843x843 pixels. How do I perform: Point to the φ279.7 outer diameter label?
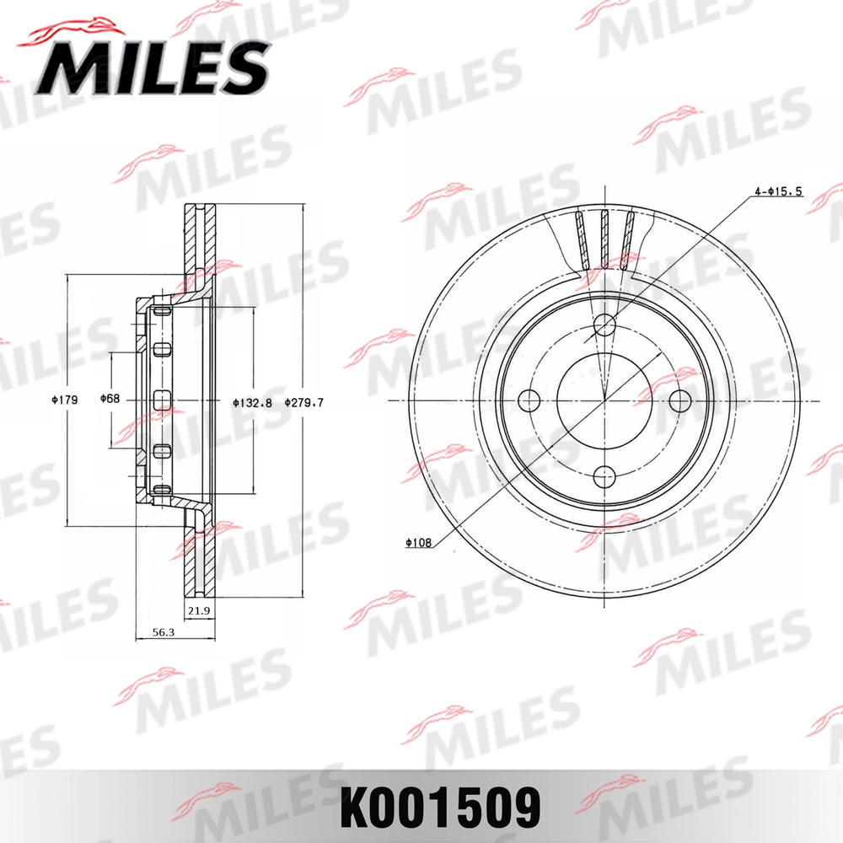pyautogui.click(x=304, y=402)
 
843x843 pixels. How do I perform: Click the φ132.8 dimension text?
pyautogui.click(x=252, y=402)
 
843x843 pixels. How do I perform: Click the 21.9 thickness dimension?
pyautogui.click(x=200, y=609)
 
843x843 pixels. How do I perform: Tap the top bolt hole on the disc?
pyautogui.click(x=604, y=325)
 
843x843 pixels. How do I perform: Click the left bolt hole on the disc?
pyautogui.click(x=529, y=401)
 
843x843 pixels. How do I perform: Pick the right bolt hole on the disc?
pyautogui.click(x=679, y=401)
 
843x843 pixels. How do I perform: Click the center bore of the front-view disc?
pyautogui.click(x=604, y=401)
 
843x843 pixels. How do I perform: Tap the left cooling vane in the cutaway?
pyautogui.click(x=580, y=240)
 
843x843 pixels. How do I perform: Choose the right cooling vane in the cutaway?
pyautogui.click(x=628, y=240)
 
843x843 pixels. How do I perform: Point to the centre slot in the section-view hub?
pyautogui.click(x=163, y=400)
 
